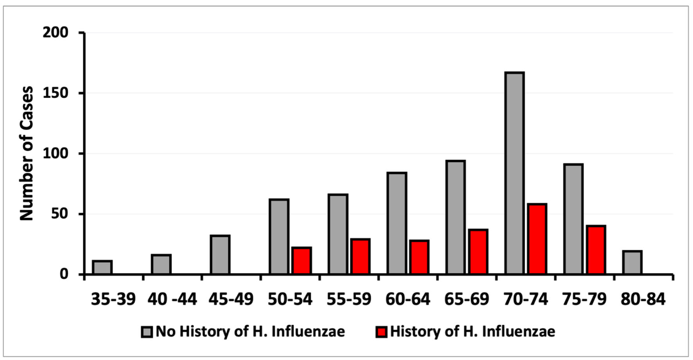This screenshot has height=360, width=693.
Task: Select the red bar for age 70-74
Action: [537, 239]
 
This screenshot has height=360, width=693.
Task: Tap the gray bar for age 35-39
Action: [102, 267]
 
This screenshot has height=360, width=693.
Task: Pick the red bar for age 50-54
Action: [302, 261]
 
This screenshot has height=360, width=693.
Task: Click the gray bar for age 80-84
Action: [632, 262]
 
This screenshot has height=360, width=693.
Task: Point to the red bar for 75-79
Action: [596, 250]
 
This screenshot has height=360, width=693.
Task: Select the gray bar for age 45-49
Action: [220, 254]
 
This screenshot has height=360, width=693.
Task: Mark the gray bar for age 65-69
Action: [456, 217]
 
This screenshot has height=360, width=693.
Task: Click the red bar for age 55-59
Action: [360, 256]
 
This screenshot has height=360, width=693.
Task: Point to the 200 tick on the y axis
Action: [55, 32]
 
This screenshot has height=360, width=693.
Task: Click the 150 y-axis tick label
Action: [55, 93]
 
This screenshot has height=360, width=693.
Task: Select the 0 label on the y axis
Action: [64, 274]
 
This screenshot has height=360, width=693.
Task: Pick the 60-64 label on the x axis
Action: [408, 299]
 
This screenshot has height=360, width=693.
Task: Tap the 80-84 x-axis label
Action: [643, 299]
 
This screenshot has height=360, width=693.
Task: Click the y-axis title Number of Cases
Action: [27, 153]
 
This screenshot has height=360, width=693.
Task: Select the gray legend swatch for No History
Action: [147, 332]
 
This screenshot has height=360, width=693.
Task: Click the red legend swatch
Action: [381, 332]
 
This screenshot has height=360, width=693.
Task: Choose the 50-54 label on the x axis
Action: [290, 299]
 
